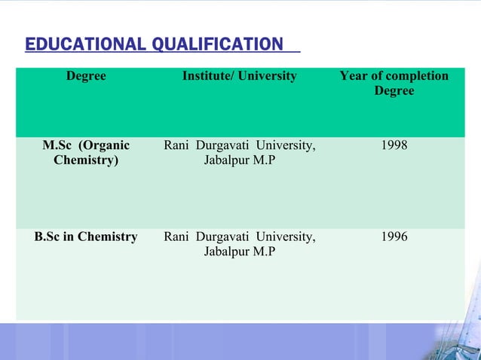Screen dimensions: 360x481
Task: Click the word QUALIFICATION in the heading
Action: pos(216,45)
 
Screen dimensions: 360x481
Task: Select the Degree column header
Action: pos(86,76)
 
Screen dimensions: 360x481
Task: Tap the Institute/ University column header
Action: pos(240,76)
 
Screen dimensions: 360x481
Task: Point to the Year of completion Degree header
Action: pos(394,84)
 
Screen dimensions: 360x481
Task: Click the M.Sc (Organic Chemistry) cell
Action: pos(86,153)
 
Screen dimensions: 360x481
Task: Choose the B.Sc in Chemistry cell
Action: pos(86,237)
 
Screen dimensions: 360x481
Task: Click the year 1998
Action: pos(394,145)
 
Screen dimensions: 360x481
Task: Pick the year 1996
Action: pos(394,237)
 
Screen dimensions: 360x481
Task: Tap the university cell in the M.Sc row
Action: pos(240,153)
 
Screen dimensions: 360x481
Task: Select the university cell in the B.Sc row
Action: pos(240,245)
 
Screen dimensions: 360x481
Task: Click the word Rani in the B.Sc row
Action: pos(176,237)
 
